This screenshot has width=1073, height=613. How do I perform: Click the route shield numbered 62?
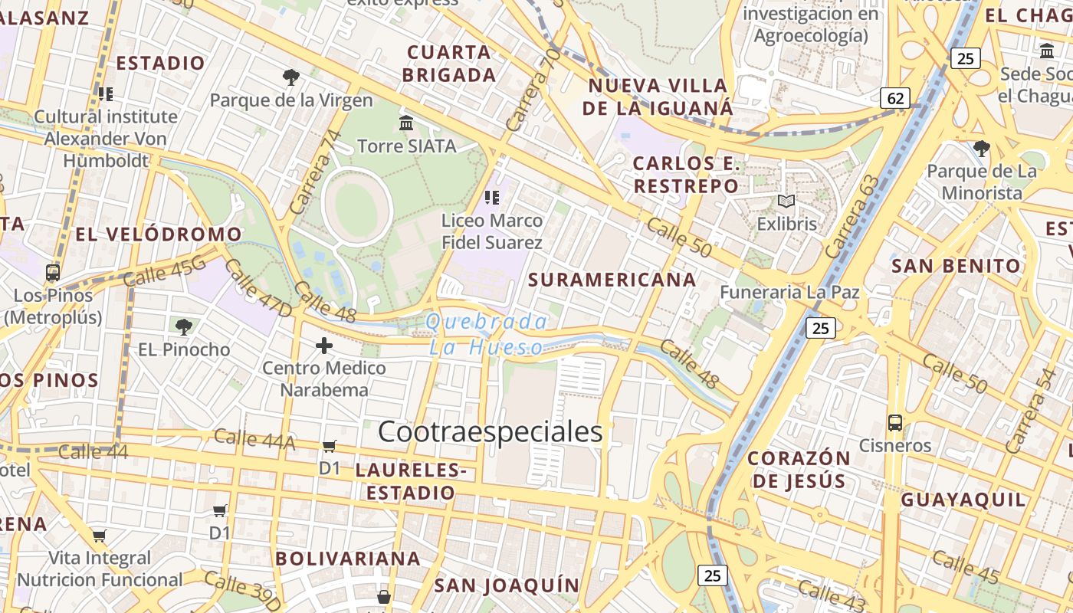895,98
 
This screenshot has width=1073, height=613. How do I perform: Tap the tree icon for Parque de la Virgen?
290,77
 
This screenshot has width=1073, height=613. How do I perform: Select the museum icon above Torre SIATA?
406,123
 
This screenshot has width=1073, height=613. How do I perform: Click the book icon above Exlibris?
786,202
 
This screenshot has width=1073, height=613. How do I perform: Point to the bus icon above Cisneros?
894,423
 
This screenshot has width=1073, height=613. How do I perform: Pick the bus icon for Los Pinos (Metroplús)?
53,273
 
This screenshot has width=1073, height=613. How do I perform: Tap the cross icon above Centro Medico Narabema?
324,346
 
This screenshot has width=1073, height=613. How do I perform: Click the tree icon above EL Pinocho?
184,327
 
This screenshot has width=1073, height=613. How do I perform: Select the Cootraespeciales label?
491,432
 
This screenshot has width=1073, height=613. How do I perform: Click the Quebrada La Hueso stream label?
487,335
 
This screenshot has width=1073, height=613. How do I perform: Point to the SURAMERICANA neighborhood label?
612,280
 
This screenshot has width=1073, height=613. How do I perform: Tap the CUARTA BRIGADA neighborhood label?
449,64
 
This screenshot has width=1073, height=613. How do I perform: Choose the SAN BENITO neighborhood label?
957,267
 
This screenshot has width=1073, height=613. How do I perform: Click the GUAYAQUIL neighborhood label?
963,500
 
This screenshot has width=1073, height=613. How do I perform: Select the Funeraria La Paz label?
789,292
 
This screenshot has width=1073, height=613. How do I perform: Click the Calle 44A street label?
254,439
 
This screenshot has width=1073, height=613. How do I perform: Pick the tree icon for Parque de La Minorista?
981,148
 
